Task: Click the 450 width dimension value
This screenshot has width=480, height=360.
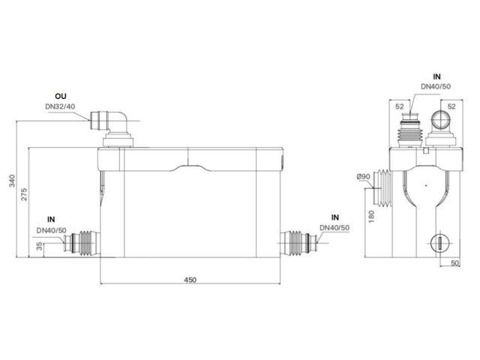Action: tap(190, 279)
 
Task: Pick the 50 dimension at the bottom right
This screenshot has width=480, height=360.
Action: tap(455, 263)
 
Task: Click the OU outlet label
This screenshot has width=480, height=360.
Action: tap(61, 97)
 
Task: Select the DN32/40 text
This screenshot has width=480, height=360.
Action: tap(61, 106)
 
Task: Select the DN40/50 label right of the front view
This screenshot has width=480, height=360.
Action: tap(334, 226)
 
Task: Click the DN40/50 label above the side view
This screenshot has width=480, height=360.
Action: tap(435, 87)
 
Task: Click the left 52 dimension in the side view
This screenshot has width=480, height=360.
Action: tap(400, 107)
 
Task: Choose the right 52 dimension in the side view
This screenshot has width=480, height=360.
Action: tap(451, 107)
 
